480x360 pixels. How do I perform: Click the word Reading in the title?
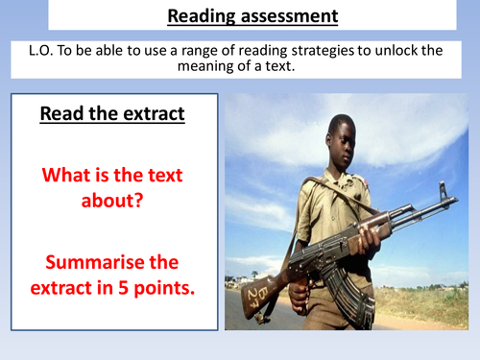tap(200, 15)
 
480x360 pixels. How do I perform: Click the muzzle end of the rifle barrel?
tap(449, 187)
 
